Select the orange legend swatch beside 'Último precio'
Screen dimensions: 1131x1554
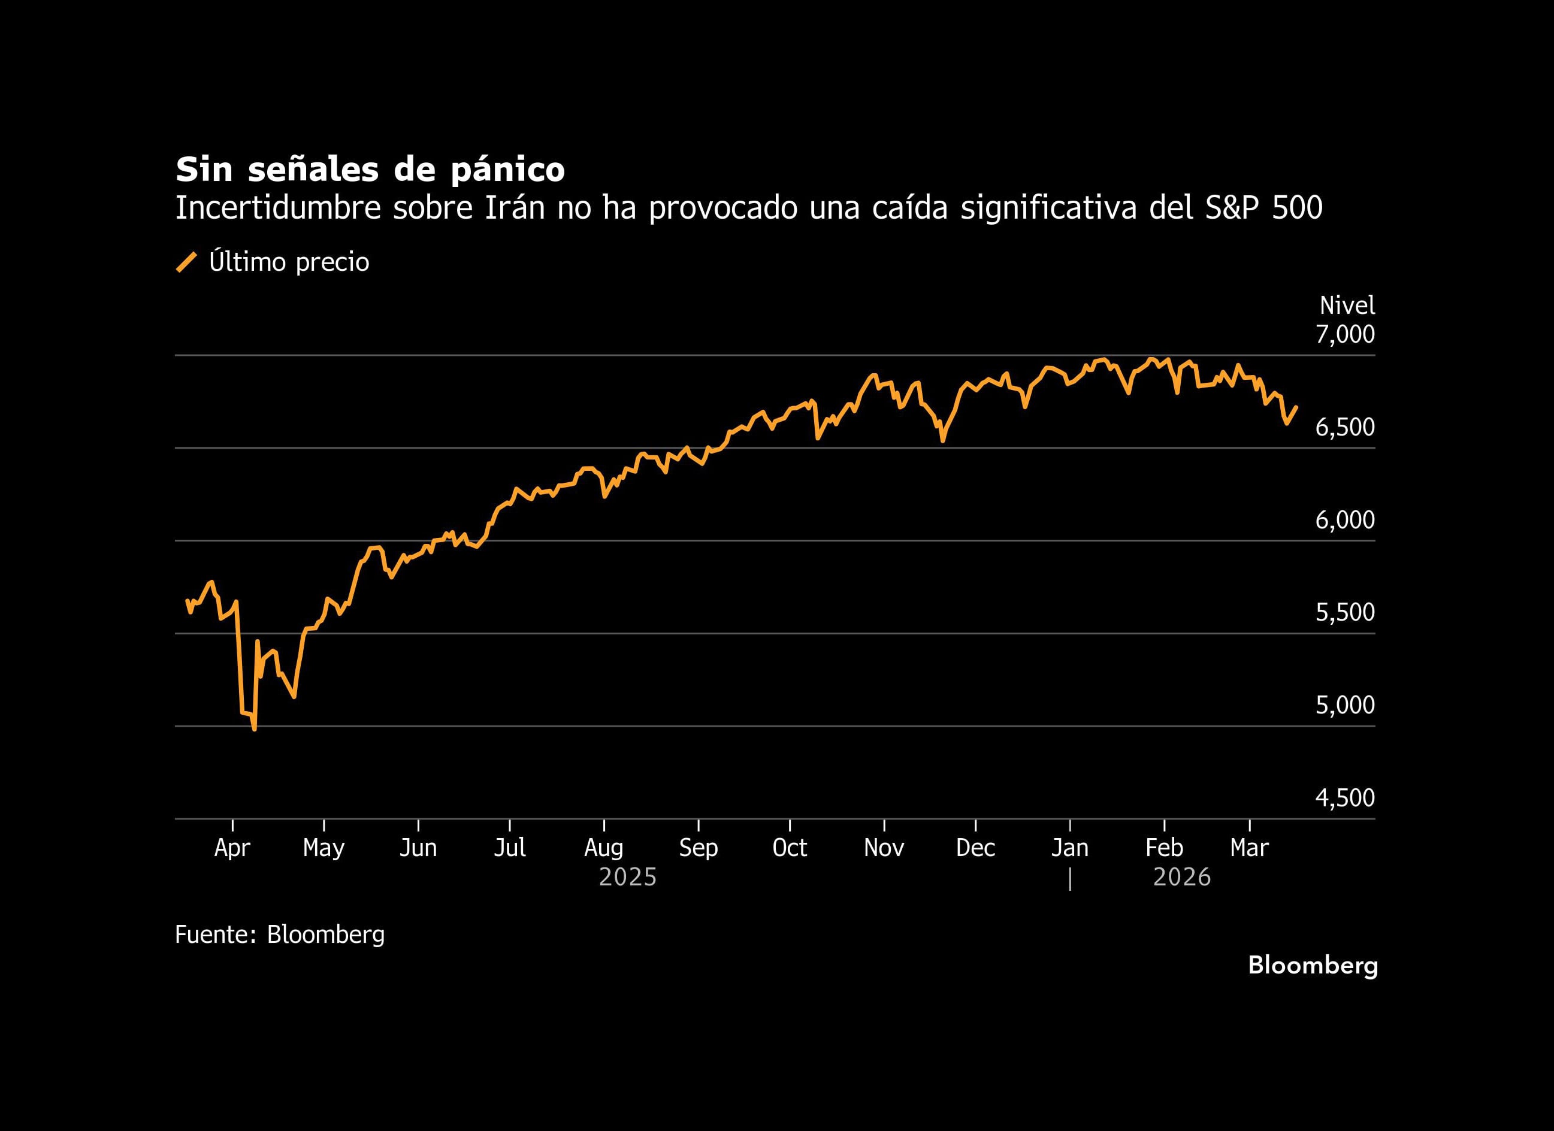click(x=186, y=262)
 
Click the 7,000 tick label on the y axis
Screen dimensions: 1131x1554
click(x=1344, y=334)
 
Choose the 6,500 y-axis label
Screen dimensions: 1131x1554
click(x=1344, y=427)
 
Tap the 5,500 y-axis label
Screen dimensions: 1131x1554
click(x=1344, y=612)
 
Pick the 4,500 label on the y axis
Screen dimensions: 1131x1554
click(x=1344, y=797)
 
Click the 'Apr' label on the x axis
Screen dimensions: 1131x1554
click(x=232, y=848)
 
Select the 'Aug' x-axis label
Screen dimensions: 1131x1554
click(x=604, y=848)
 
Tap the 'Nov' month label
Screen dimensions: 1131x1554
click(x=883, y=848)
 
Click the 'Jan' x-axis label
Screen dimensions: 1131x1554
click(x=1069, y=848)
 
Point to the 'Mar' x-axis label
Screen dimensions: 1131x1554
click(x=1249, y=848)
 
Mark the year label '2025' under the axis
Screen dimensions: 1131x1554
click(x=628, y=878)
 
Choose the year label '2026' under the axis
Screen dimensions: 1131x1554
click(x=1182, y=878)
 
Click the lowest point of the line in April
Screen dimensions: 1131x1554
click(x=255, y=730)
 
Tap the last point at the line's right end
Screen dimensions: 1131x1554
click(x=1296, y=407)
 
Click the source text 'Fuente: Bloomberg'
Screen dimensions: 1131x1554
click(x=280, y=935)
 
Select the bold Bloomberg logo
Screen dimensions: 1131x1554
click(x=1312, y=965)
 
